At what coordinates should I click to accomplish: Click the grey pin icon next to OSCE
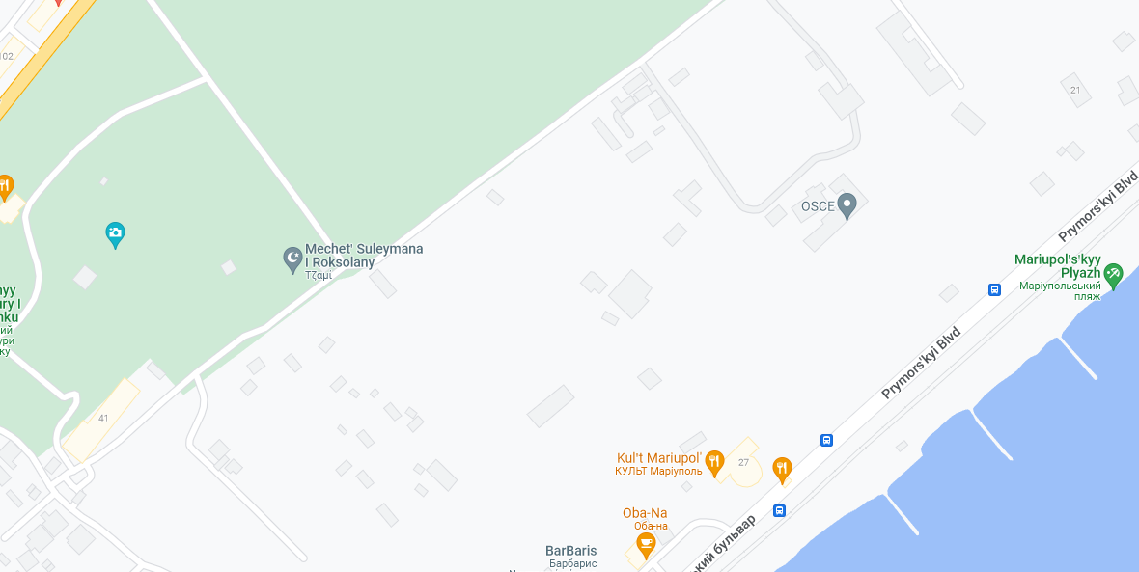pos(847,204)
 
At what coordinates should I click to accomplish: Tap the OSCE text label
pos(817,206)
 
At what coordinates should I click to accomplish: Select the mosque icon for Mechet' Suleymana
pos(292,259)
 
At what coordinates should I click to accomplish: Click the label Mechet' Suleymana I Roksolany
pos(364,256)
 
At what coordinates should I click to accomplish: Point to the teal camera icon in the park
pos(115,233)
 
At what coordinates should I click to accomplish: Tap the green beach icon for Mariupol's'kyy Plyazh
pos(1114,275)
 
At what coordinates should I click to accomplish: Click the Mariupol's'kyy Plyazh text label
pos(1058,267)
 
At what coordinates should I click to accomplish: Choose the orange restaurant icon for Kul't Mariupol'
pos(714,463)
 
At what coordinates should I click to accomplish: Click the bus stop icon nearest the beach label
pos(994,289)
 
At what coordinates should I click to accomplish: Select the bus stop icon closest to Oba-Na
pos(779,510)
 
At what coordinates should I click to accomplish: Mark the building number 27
pos(743,462)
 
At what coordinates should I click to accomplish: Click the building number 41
pos(103,418)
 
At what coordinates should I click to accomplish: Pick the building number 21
pos(1075,90)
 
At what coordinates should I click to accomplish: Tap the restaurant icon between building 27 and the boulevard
pos(782,469)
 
